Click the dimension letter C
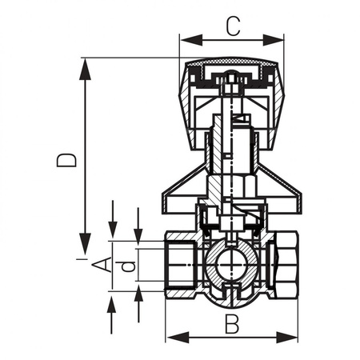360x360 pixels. tap(234, 26)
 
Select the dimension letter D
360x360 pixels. tap(66, 160)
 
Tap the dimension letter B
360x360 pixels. tap(232, 324)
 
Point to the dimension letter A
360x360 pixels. tap(102, 264)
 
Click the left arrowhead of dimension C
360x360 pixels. tap(191, 40)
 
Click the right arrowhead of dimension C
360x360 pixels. tap(273, 40)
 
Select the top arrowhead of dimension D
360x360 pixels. tap(86, 69)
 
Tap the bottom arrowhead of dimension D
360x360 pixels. tap(86, 243)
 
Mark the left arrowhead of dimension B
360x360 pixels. tap(178, 337)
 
